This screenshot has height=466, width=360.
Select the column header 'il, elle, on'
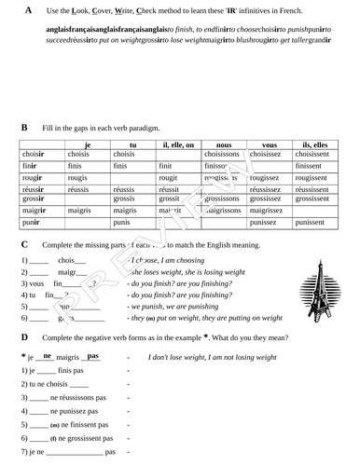point(176,145)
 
